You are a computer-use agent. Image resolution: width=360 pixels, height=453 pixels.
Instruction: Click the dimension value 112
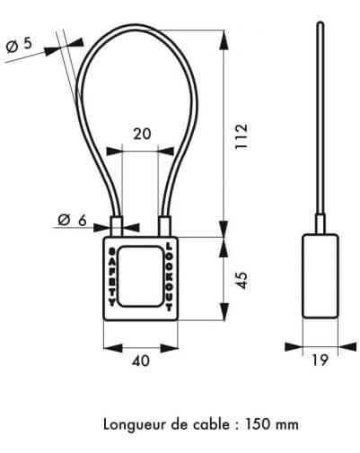click(x=241, y=136)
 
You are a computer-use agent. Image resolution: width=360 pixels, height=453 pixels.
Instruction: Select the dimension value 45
click(x=241, y=281)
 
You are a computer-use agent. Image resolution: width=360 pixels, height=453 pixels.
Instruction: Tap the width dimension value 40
click(x=141, y=362)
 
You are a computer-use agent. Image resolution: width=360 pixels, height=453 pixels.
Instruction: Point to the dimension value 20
click(x=142, y=134)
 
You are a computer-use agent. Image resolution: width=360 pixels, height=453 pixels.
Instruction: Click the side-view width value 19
click(x=320, y=360)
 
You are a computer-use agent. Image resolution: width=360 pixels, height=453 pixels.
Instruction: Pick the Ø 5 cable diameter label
click(x=19, y=46)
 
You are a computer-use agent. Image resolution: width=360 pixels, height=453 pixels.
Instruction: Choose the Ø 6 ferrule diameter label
click(x=72, y=221)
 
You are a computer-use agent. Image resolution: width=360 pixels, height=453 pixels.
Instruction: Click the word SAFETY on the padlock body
click(x=112, y=277)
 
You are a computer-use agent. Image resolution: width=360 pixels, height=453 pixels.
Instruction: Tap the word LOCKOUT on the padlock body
click(x=169, y=276)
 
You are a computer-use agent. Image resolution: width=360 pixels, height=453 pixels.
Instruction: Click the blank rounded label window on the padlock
click(x=140, y=276)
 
